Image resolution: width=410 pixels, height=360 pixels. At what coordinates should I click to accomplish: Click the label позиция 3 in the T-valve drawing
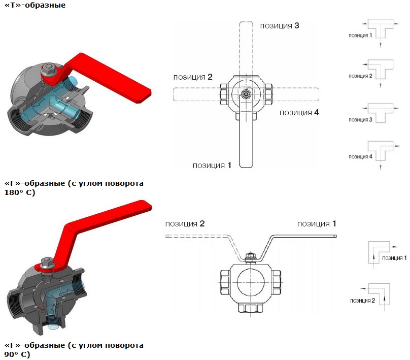pos(279,25)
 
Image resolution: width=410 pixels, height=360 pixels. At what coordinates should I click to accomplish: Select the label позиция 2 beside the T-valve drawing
pos(192,77)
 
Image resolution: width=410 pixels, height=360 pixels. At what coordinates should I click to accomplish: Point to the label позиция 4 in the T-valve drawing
pos(299,112)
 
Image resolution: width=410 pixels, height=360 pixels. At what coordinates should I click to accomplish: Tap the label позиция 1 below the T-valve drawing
pos(212,165)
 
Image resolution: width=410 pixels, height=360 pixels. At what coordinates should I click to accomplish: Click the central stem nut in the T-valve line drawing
pos(246,94)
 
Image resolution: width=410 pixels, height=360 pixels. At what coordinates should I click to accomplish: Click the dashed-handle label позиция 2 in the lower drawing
pos(185,224)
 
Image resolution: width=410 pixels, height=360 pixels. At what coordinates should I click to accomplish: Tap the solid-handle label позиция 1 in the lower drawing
pos(317,223)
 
